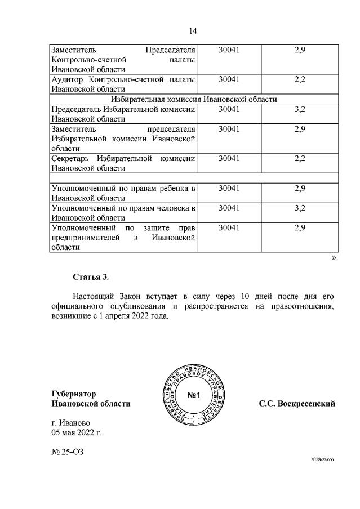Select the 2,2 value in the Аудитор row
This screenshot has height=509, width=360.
pos(299,79)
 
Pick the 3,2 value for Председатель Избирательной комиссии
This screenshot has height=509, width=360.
pos(299,109)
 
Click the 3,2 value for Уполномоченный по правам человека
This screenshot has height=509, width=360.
pos(299,208)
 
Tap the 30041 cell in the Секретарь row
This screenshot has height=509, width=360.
pos(229,159)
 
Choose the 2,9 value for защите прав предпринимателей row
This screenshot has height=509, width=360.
pos(299,228)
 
